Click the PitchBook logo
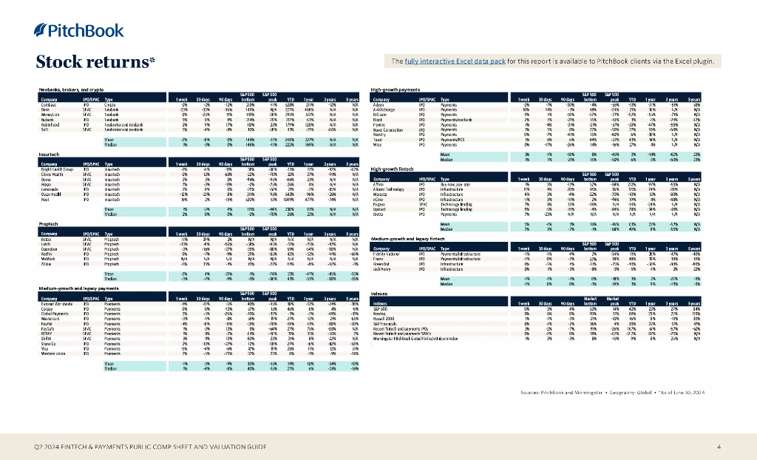click(x=70, y=30)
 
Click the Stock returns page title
click(x=95, y=62)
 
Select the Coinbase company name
click(x=48, y=106)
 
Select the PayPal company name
click(x=47, y=322)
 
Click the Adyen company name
click(x=381, y=106)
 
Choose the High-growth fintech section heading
click(x=396, y=169)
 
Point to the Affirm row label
click(x=381, y=185)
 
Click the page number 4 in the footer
click(x=719, y=447)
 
